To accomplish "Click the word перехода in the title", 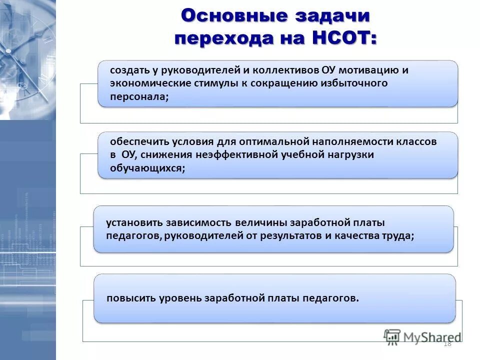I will coord(224,38).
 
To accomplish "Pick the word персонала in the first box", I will coord(139,97).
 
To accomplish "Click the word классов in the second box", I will coord(417,141).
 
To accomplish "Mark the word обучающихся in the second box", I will coord(147,168).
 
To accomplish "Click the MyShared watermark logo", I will coord(422,336).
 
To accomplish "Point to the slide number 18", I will coord(447,343).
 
